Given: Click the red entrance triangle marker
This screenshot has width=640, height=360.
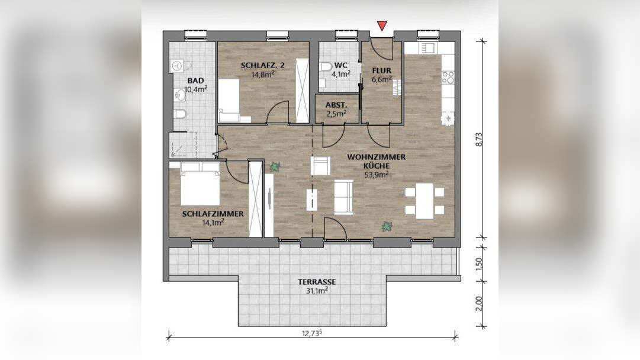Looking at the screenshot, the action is (382, 25).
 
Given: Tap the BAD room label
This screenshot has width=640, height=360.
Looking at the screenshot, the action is (195, 81).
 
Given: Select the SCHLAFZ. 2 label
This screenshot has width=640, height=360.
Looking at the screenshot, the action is (262, 65).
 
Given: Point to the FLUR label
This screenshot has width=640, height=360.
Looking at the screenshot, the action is (381, 70).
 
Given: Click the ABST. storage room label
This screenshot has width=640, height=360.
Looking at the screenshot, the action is (336, 105).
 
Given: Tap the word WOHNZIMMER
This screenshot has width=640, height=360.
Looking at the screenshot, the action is (377, 157).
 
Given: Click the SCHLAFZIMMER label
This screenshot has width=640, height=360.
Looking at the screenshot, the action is (213, 214).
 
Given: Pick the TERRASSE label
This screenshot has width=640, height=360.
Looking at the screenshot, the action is (317, 282).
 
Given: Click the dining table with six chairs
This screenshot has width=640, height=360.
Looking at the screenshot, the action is (424, 201).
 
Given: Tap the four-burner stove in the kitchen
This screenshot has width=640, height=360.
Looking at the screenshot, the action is (448, 78).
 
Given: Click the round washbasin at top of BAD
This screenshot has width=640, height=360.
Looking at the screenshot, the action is (177, 66).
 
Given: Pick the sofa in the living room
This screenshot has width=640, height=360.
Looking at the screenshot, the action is (343, 197).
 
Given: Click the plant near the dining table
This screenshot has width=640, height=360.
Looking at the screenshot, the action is (386, 226).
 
